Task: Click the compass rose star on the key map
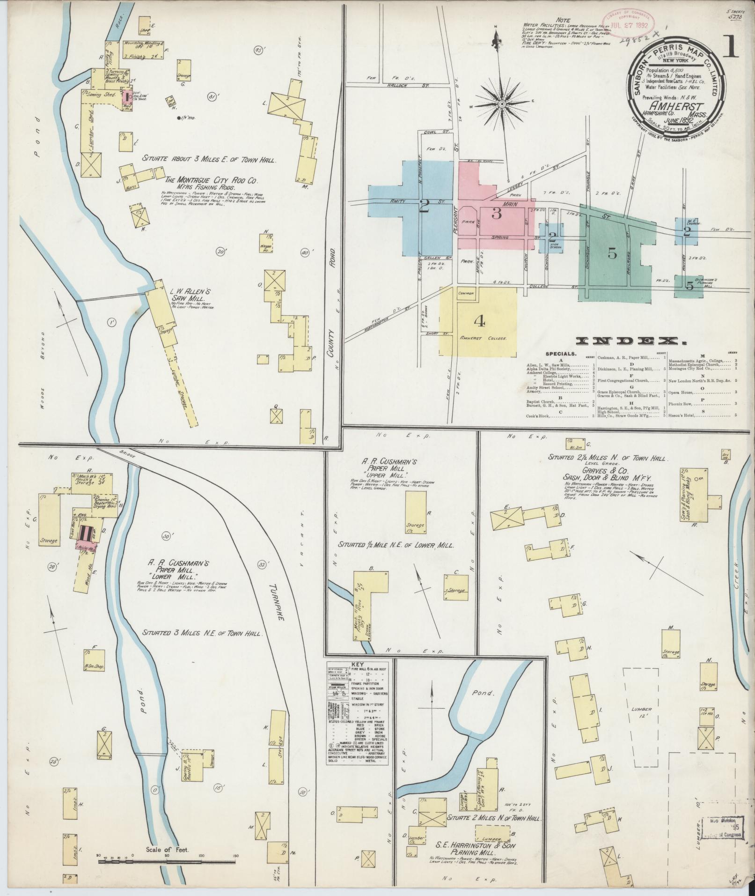pyautogui.click(x=501, y=104)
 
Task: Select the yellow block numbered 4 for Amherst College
pyautogui.click(x=478, y=321)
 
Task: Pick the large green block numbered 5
pyautogui.click(x=612, y=253)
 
